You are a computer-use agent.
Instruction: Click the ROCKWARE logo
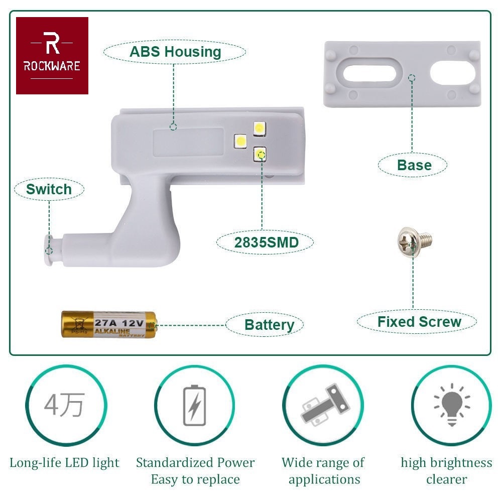(x=52, y=56)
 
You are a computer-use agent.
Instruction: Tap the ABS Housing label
(x=175, y=52)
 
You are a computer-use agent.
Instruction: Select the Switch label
(x=49, y=189)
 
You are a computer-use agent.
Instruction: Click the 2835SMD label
(x=266, y=243)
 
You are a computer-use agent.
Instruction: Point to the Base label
(x=414, y=165)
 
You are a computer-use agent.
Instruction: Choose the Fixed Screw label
(x=419, y=322)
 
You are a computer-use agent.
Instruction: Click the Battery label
(x=269, y=325)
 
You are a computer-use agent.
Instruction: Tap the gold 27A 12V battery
(x=109, y=324)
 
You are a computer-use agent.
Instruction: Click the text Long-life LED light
(x=64, y=462)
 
